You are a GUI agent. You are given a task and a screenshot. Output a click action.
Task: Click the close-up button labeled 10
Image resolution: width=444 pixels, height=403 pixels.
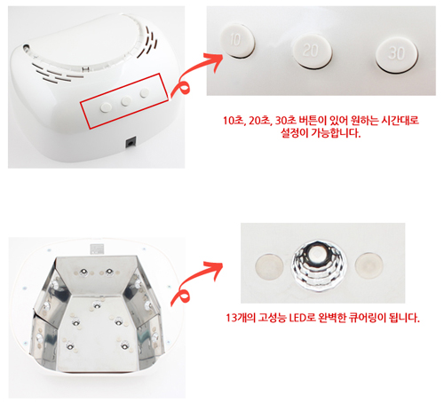click(237, 41)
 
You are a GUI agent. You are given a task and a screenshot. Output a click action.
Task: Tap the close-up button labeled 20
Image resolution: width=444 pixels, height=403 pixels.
click(312, 51)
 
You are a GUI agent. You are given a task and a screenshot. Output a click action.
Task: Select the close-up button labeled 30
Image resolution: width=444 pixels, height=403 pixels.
click(397, 55)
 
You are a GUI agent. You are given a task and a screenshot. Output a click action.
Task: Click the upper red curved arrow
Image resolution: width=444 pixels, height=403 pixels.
click(197, 74)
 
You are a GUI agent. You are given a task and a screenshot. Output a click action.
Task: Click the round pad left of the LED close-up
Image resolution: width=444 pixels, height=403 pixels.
click(269, 265)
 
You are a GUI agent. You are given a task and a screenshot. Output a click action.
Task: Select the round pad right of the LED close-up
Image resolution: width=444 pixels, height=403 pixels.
click(369, 265)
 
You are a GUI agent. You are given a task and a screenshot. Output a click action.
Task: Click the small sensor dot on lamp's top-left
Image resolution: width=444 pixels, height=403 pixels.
click(26, 47)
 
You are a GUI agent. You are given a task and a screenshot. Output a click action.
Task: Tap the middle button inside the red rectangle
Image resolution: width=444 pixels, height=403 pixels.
click(126, 101)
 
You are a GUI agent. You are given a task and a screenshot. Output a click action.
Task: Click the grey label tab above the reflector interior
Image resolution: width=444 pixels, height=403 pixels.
click(97, 249)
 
